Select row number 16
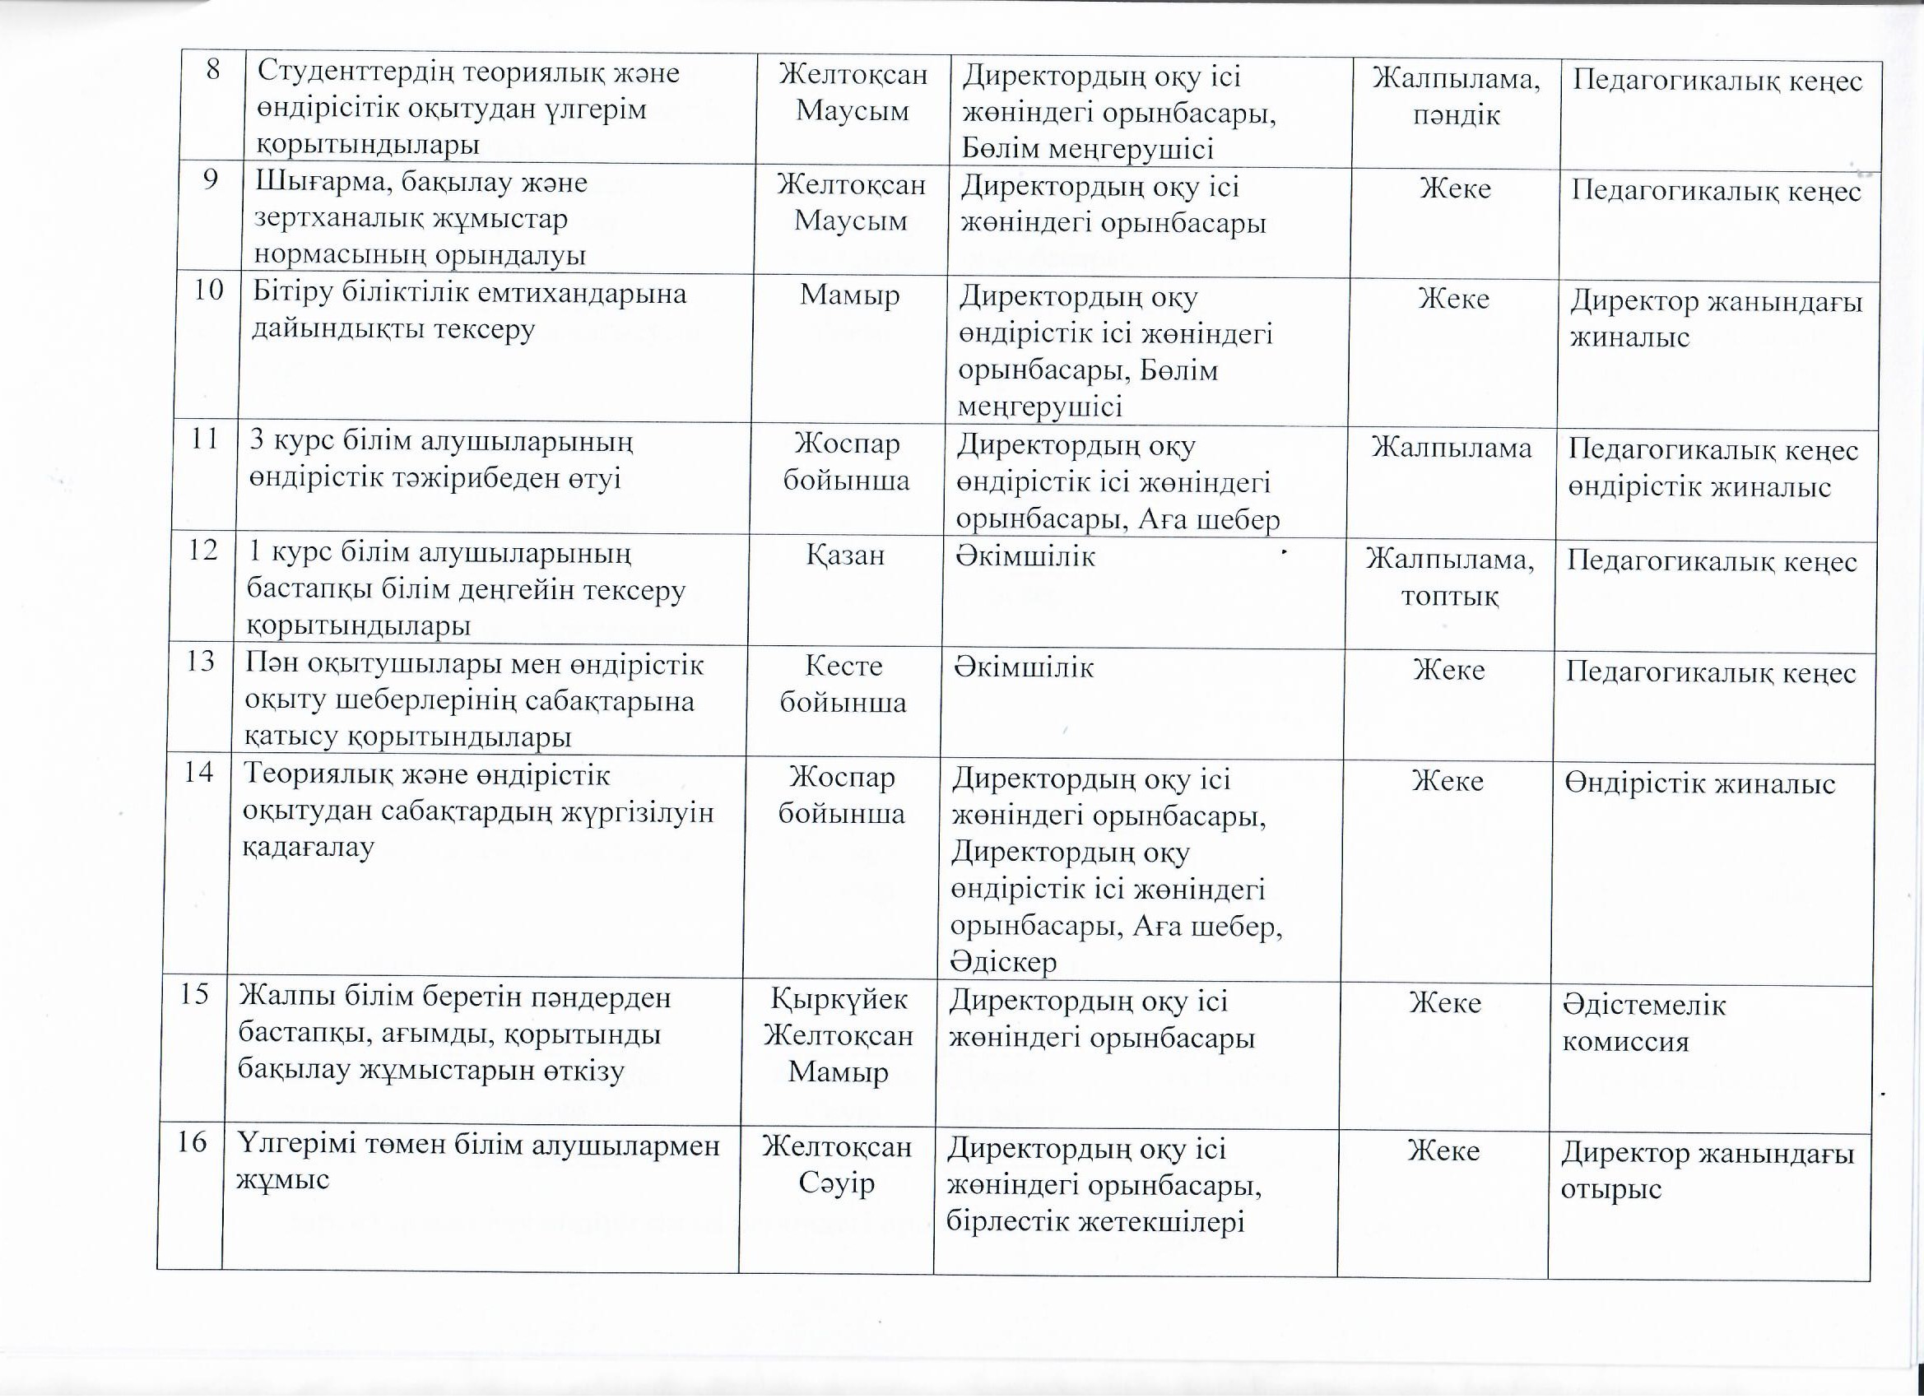pyautogui.click(x=193, y=1143)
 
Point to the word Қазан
pyautogui.click(x=846, y=555)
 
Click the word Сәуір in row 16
pyautogui.click(x=836, y=1183)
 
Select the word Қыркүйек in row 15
pyautogui.click(x=839, y=998)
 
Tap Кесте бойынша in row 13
pyautogui.click(x=843, y=684)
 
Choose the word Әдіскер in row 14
pyautogui.click(x=1005, y=962)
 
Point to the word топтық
pyautogui.click(x=1450, y=597)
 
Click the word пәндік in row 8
pyautogui.click(x=1457, y=114)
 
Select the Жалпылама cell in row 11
pyautogui.click(x=1452, y=448)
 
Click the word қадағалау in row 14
pyautogui.click(x=309, y=848)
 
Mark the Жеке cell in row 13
pyautogui.click(x=1449, y=670)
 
